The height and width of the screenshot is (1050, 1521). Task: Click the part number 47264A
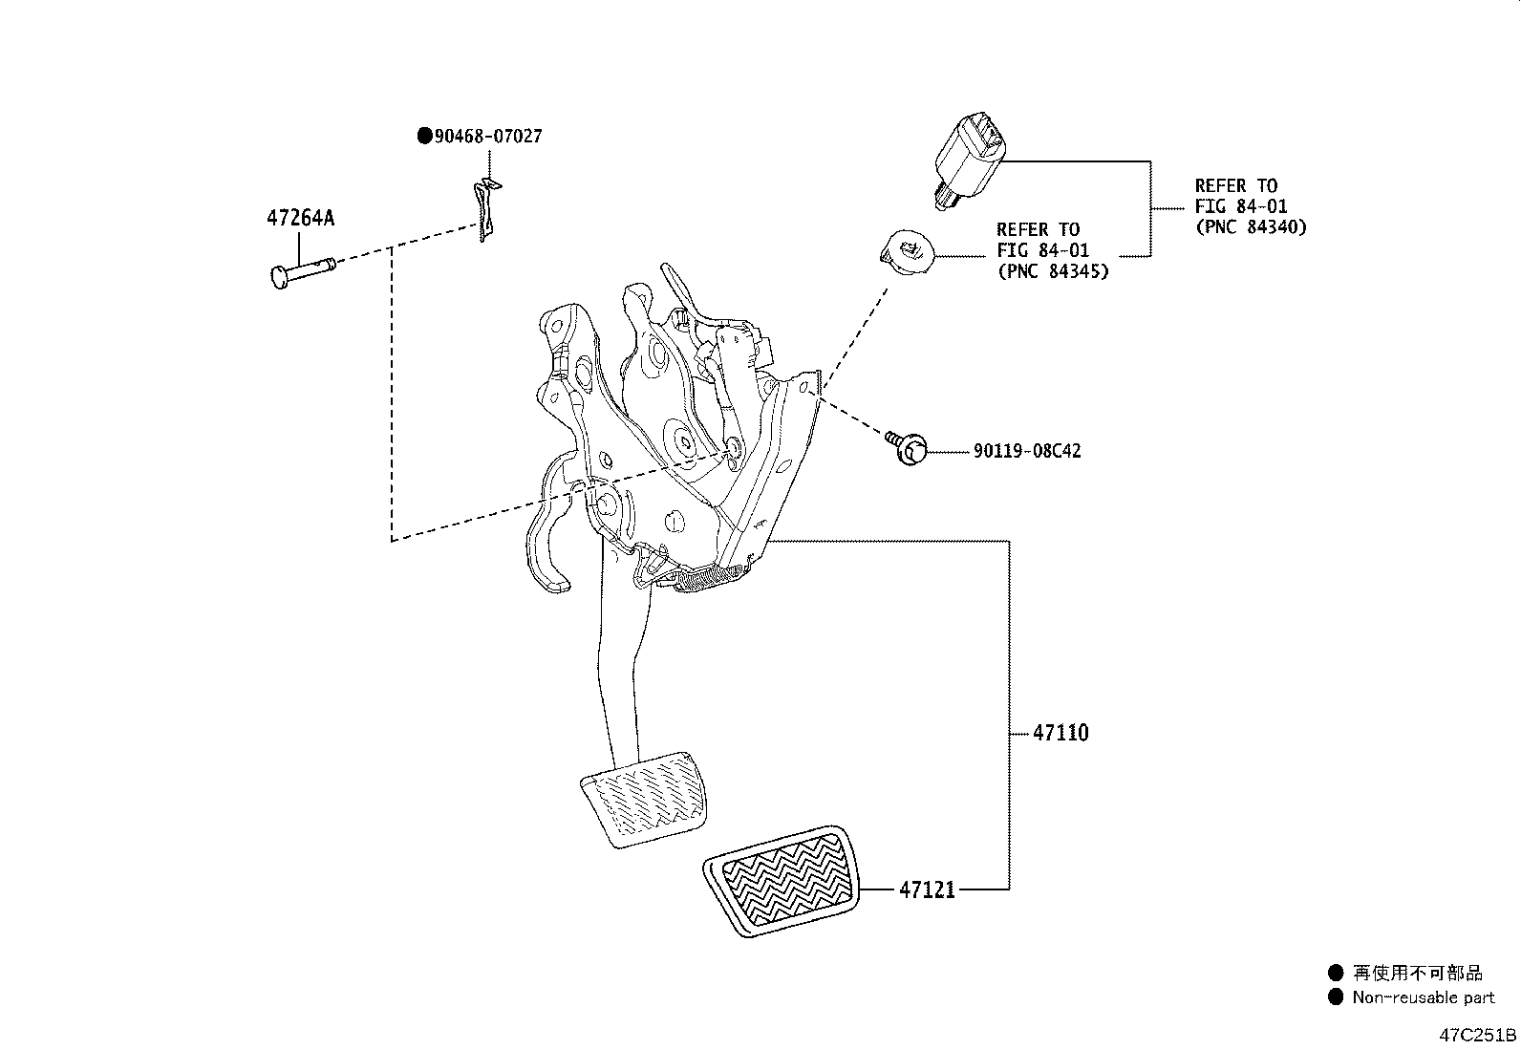point(300,218)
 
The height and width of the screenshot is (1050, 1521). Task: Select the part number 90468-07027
point(488,137)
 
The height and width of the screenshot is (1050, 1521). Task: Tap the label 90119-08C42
point(1027,451)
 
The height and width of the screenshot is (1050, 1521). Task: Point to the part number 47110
point(1060,734)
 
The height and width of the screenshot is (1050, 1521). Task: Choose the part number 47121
point(926,890)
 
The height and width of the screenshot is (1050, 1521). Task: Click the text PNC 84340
point(1251,227)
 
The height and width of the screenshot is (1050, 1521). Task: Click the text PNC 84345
point(1052,271)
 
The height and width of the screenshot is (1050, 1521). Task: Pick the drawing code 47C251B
point(1479,1036)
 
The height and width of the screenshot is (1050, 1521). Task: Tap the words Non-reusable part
point(1423,998)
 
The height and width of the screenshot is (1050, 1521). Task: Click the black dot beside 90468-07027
point(424,137)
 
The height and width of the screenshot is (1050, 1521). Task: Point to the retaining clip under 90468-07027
point(489,208)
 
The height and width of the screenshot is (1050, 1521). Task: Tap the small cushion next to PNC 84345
point(905,252)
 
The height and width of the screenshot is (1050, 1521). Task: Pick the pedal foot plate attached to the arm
point(643,798)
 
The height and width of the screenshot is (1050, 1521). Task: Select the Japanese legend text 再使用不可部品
point(1418,974)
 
